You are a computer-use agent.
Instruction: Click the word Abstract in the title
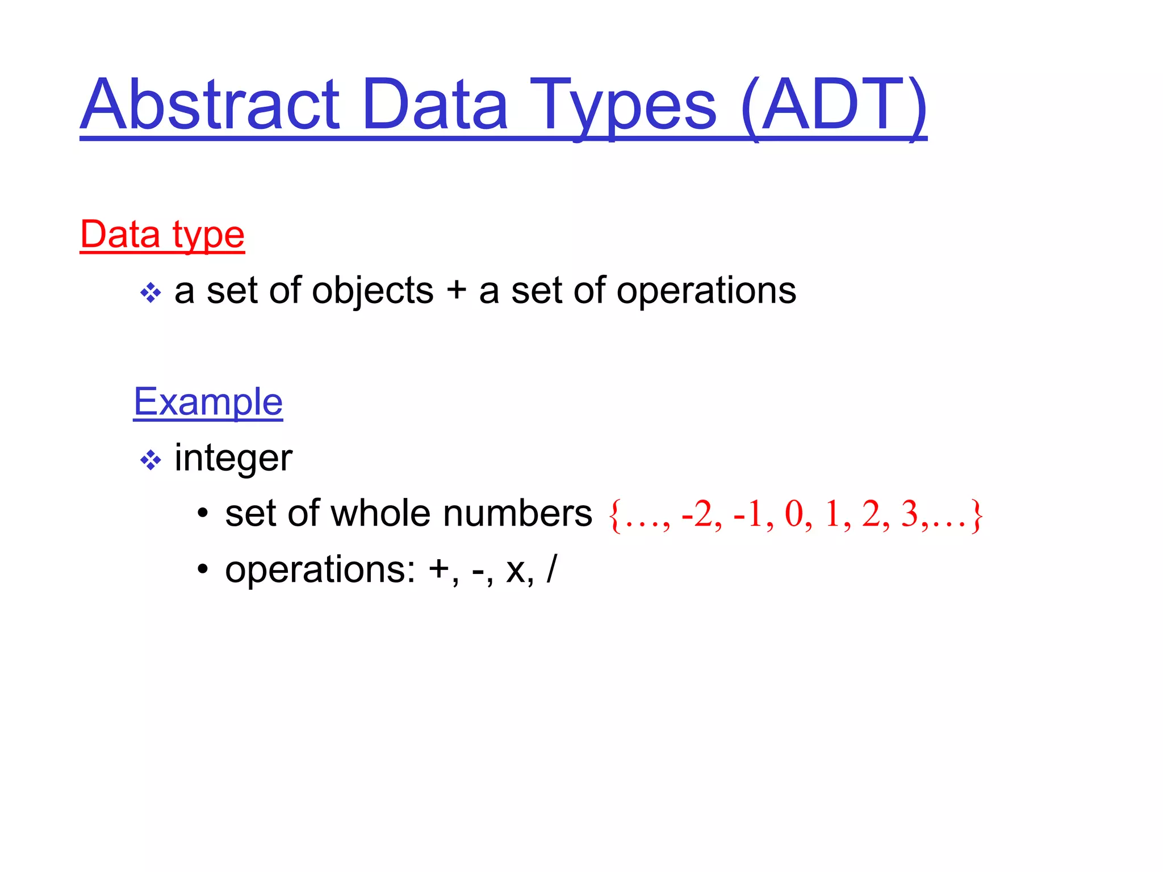pyautogui.click(x=210, y=105)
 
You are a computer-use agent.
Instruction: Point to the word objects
pyautogui.click(x=373, y=291)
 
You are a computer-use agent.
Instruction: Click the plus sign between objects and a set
pyautogui.click(x=456, y=291)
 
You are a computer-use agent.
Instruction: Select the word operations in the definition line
pyautogui.click(x=706, y=291)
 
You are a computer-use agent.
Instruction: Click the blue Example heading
pyautogui.click(x=208, y=402)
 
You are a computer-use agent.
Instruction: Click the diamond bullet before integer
pyautogui.click(x=150, y=460)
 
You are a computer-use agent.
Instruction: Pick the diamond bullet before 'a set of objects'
pyautogui.click(x=150, y=293)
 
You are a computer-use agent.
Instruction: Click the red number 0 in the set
pyautogui.click(x=794, y=514)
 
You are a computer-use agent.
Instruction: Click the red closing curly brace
pyautogui.click(x=976, y=515)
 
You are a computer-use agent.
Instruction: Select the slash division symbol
pyautogui.click(x=551, y=569)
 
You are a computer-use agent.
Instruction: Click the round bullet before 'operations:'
pyautogui.click(x=203, y=569)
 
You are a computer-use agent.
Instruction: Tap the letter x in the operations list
pyautogui.click(x=516, y=571)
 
